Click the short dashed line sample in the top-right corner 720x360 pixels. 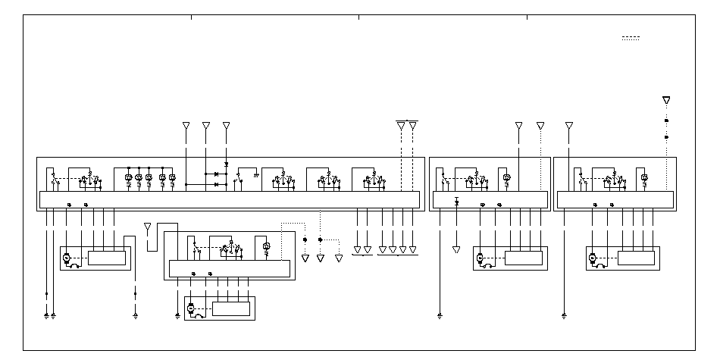pyautogui.click(x=631, y=38)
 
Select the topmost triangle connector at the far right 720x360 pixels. pyautogui.click(x=666, y=100)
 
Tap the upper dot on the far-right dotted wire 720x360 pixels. pyautogui.click(x=666, y=121)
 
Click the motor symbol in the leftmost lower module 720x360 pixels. pyautogui.click(x=66, y=258)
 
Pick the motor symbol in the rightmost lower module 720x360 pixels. pyautogui.click(x=592, y=258)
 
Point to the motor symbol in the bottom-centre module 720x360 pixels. pyautogui.click(x=190, y=308)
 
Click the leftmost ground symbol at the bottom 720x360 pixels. pyautogui.click(x=46, y=314)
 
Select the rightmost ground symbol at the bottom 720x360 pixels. pyautogui.click(x=565, y=314)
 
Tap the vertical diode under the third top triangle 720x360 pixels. pyautogui.click(x=227, y=164)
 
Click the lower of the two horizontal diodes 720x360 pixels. pyautogui.click(x=217, y=184)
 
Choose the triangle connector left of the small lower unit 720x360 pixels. pyautogui.click(x=147, y=226)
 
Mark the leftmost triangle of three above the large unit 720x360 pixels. pyautogui.click(x=186, y=125)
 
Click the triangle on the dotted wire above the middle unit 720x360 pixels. pyautogui.click(x=540, y=125)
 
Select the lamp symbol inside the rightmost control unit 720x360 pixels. pyautogui.click(x=644, y=178)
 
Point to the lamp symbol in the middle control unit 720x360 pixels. pyautogui.click(x=507, y=178)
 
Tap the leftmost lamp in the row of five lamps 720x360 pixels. pyautogui.click(x=128, y=178)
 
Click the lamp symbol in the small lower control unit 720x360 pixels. pyautogui.click(x=265, y=246)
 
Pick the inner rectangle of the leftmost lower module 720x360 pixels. pyautogui.click(x=107, y=258)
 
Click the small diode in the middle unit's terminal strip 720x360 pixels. pyautogui.click(x=456, y=202)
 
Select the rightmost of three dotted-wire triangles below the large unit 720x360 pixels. pyautogui.click(x=339, y=258)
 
